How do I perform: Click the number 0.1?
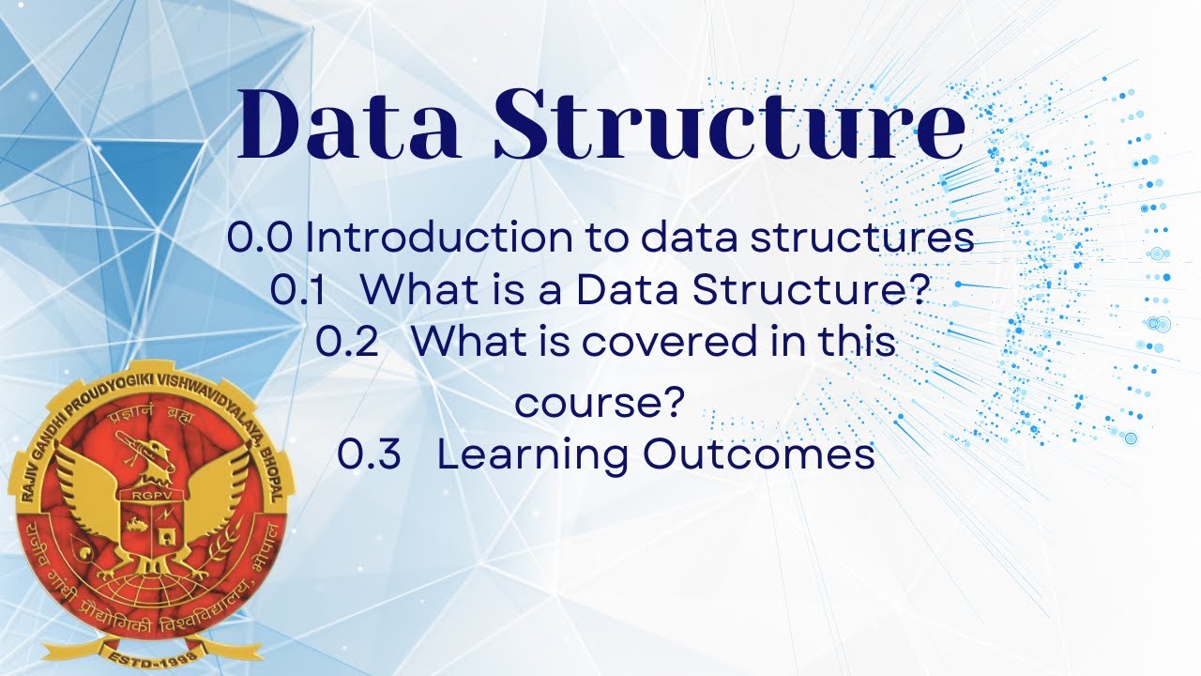click(297, 290)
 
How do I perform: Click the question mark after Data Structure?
click(916, 290)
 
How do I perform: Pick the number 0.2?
click(346, 343)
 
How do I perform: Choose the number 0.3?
click(369, 455)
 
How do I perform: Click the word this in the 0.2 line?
click(858, 343)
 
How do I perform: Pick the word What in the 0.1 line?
click(414, 290)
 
